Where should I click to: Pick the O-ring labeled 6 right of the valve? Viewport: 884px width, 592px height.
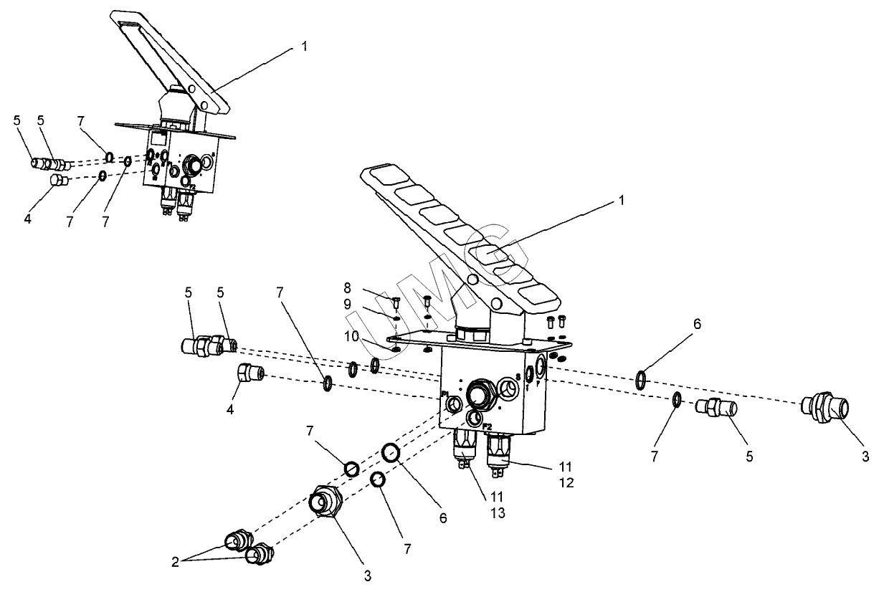click(642, 379)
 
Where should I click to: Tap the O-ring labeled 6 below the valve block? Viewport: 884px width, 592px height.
click(391, 453)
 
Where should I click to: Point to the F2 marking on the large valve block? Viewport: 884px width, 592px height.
click(487, 426)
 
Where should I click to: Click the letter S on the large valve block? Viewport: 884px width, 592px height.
click(518, 376)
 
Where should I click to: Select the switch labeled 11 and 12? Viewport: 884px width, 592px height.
click(498, 454)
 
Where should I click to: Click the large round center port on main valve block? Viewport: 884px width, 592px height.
click(477, 393)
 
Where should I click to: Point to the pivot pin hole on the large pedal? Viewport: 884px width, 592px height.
click(472, 279)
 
